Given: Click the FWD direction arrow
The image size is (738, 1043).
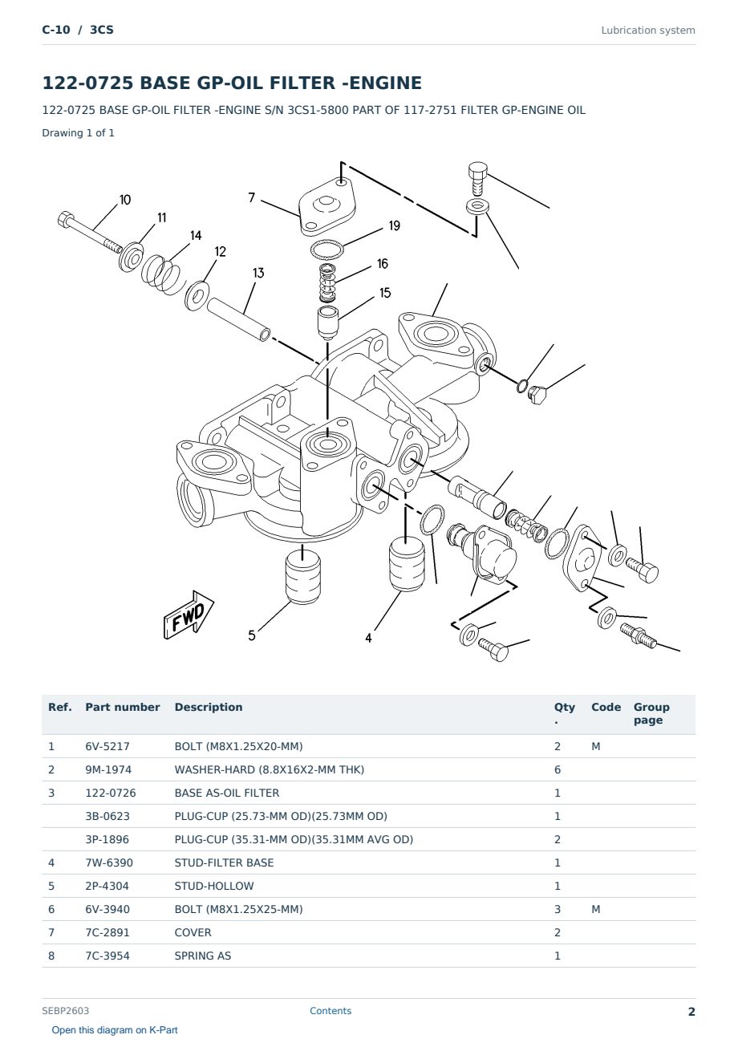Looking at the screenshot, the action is coord(189,615).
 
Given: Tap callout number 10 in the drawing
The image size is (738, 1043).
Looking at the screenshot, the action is coord(125,200).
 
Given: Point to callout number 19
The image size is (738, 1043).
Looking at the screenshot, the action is coord(395,225).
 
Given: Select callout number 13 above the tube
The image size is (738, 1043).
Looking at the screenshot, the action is coord(258,273).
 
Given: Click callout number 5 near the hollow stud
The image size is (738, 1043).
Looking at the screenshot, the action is coord(252,635).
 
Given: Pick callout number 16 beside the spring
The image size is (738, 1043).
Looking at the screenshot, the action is coord(383,264).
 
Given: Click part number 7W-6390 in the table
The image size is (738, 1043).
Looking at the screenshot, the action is coord(109,862).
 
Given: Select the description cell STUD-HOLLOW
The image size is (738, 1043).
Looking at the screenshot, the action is coord(214,886).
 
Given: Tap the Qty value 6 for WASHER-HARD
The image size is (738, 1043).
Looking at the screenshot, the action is coord(558,769).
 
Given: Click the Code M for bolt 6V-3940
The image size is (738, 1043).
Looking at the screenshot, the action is coord(595,909).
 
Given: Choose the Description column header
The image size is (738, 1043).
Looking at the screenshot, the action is coord(209,708).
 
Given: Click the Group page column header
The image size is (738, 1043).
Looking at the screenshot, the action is coord(651,714).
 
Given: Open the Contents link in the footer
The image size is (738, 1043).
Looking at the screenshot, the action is coord(330,1011).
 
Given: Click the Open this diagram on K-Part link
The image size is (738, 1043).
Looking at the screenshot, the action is coord(115,1030).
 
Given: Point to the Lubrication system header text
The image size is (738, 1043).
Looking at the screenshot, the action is coord(648,30).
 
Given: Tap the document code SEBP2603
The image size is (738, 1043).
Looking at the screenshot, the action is coord(65,1011).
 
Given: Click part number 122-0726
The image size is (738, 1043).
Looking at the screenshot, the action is coord(111,793).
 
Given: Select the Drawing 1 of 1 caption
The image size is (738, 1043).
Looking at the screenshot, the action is coord(79,133).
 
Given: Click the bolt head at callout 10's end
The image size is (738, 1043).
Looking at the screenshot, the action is coord(65,219).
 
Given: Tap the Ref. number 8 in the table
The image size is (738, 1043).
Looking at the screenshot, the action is coord(51,956).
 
